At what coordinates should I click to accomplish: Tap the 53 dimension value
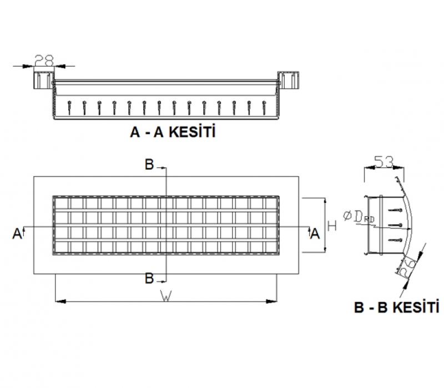(384, 162)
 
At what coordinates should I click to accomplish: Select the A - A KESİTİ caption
(172, 133)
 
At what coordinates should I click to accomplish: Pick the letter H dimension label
(332, 226)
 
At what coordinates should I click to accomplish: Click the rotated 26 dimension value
(409, 268)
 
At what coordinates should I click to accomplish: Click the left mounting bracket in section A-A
(43, 79)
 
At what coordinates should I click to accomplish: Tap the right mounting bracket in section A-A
(287, 80)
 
